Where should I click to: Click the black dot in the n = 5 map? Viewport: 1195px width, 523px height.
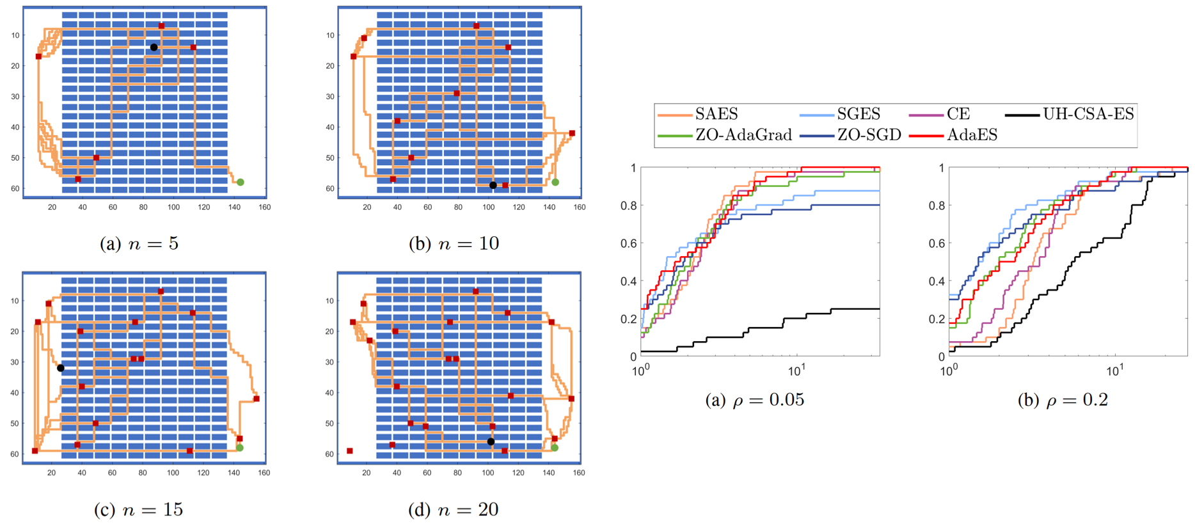154,47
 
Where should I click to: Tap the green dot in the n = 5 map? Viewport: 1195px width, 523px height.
241,182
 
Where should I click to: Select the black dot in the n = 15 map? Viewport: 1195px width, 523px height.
61,368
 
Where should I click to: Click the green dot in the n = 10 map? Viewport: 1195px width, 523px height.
555,182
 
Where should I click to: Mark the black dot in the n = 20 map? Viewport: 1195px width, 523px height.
491,442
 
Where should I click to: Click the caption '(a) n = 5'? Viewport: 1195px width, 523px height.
139,244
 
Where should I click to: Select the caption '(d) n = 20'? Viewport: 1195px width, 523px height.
453,510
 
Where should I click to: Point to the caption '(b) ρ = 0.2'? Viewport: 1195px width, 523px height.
1063,400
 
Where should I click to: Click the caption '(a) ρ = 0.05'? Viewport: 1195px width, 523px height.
754,400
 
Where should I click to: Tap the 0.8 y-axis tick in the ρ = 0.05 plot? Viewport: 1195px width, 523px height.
628,205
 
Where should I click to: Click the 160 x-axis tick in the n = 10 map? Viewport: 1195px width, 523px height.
579,207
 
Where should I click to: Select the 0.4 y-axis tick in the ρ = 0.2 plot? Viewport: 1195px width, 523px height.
937,281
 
